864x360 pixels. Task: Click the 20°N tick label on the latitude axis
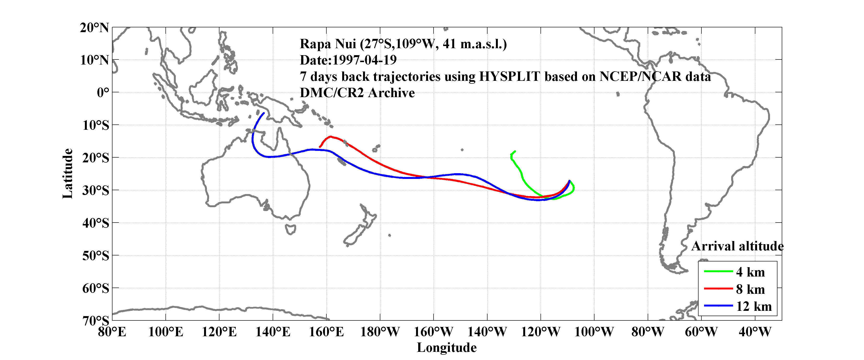(x=94, y=28)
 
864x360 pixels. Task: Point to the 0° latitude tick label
(x=103, y=93)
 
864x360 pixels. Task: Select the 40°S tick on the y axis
(x=96, y=223)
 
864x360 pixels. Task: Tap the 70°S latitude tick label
(x=96, y=321)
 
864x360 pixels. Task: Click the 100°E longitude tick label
(x=165, y=332)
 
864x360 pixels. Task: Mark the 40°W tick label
(x=755, y=332)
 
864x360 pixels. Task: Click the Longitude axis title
(x=447, y=348)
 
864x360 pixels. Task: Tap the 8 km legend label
(x=750, y=289)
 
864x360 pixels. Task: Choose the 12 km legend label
(x=754, y=306)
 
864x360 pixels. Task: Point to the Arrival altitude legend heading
(x=737, y=246)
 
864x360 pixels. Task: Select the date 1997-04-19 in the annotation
(x=364, y=60)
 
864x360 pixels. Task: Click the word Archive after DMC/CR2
(x=391, y=93)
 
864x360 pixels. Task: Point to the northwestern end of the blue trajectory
(x=264, y=113)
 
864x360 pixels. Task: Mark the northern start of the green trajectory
(x=515, y=151)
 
